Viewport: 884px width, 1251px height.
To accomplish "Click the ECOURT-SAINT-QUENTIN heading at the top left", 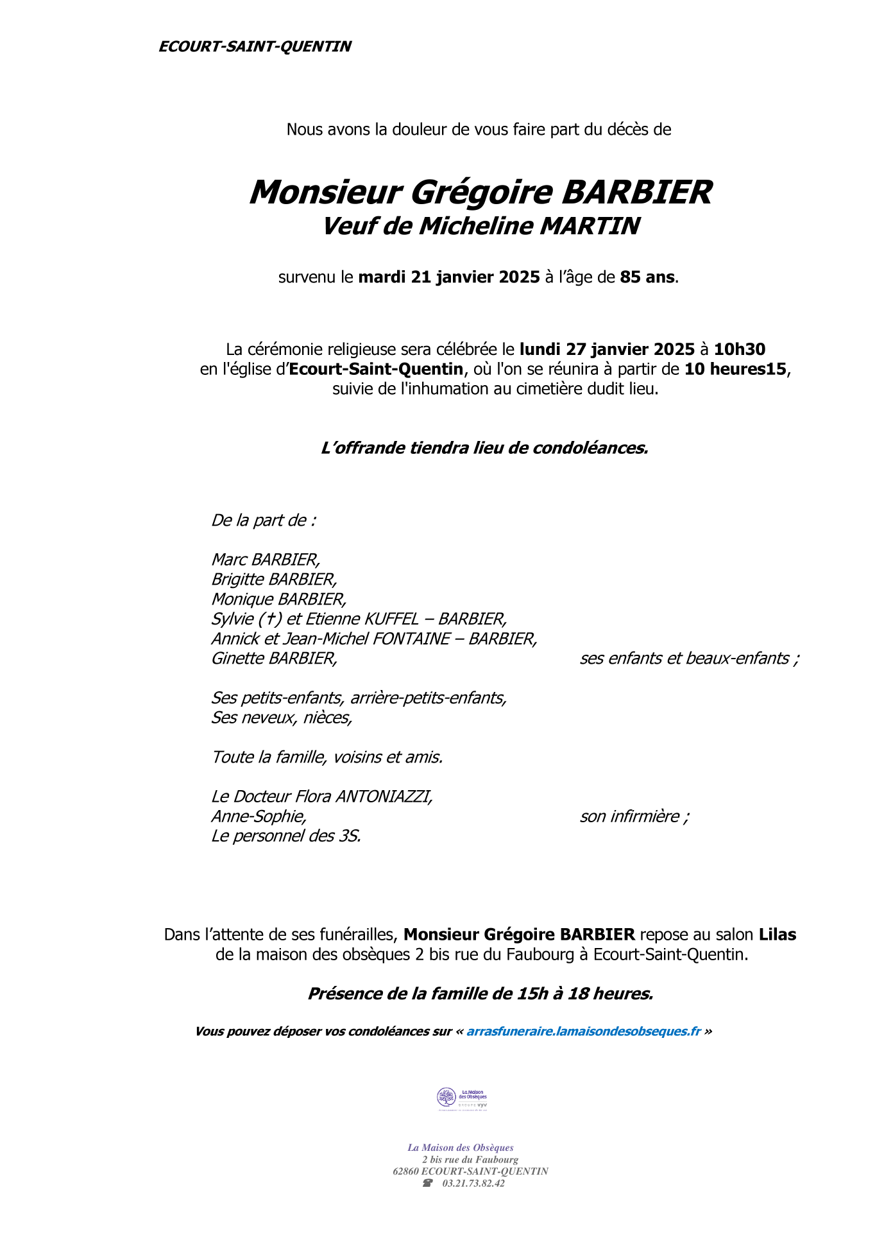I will pos(255,46).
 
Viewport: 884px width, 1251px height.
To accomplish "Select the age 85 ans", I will pos(647,277).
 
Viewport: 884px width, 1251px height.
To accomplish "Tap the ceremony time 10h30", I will pos(739,349).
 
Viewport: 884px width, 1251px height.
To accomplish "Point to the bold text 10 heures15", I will pos(735,369).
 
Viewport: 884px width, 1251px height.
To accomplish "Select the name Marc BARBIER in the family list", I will pos(266,560).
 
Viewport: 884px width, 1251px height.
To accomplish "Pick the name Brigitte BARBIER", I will pos(274,580).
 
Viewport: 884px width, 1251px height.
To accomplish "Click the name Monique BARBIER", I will pos(278,600).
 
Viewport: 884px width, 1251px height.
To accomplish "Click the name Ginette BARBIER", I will pos(274,659).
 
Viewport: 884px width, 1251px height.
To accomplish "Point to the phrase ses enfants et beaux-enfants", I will pos(689,659).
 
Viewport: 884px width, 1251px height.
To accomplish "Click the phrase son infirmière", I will pos(634,816).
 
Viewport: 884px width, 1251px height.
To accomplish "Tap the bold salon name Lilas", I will pos(778,935).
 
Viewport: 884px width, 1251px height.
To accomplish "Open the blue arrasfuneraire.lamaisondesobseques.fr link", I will pos(583,1031).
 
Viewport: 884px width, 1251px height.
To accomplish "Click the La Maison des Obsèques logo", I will pos(462,1098).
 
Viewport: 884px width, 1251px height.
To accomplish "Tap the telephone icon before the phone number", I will pos(427,1183).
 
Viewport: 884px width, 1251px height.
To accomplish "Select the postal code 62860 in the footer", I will pos(405,1171).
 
